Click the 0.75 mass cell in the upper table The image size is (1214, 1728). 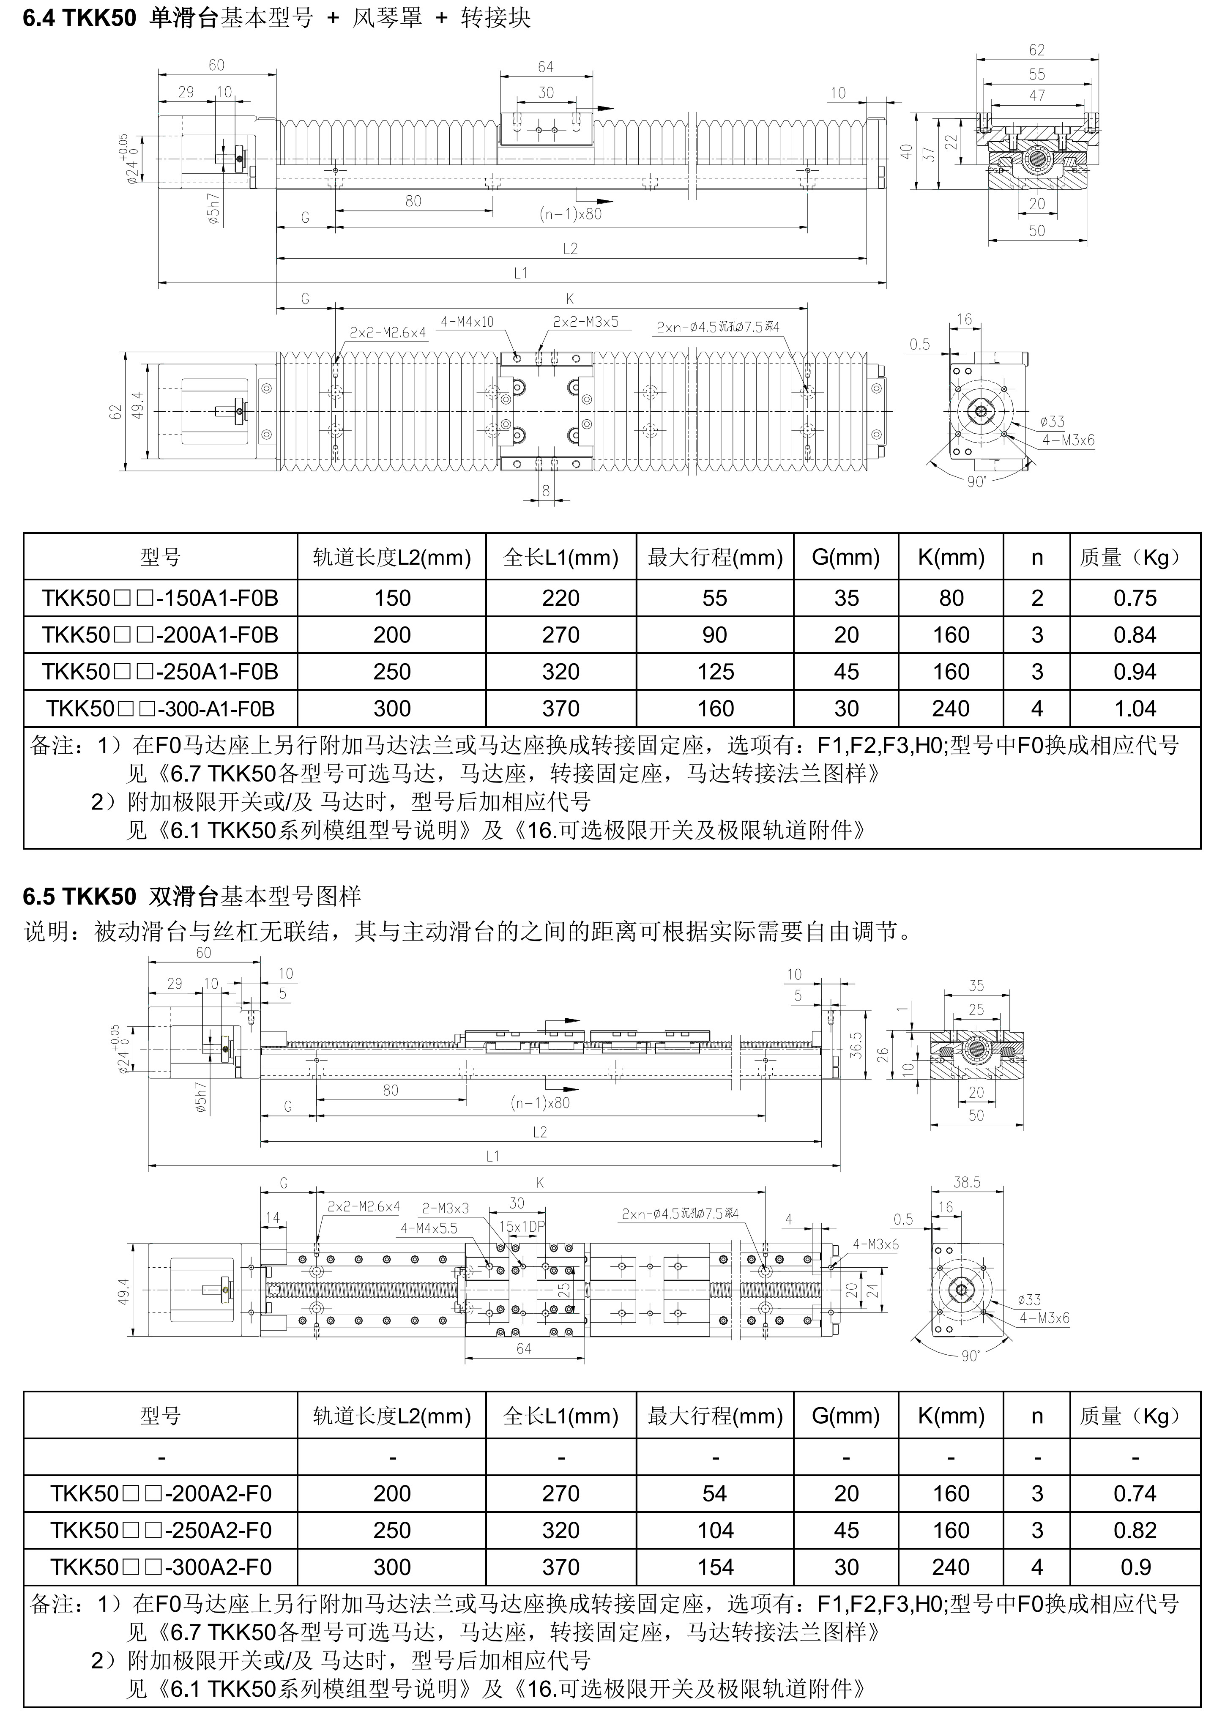tap(1134, 598)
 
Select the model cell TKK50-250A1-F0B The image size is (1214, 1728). tap(160, 671)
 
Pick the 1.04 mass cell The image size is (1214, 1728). tap(1134, 708)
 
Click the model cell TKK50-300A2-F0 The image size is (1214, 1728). tap(160, 1567)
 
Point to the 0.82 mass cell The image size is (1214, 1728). tap(1134, 1530)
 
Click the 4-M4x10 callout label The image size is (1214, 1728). tap(467, 322)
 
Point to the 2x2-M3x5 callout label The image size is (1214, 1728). tap(585, 322)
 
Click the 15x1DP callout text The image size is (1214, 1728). tap(522, 1226)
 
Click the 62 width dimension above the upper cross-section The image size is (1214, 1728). tap(1036, 50)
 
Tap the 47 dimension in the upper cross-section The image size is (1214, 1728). tap(1036, 96)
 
